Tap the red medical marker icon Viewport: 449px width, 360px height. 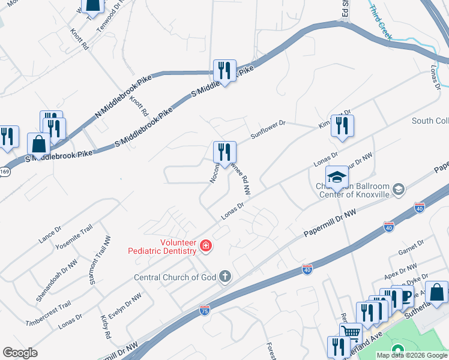(x=206, y=245)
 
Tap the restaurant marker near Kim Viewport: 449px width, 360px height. (x=342, y=126)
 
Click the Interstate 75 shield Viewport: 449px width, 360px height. (x=204, y=311)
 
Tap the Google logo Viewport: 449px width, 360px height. (x=20, y=352)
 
